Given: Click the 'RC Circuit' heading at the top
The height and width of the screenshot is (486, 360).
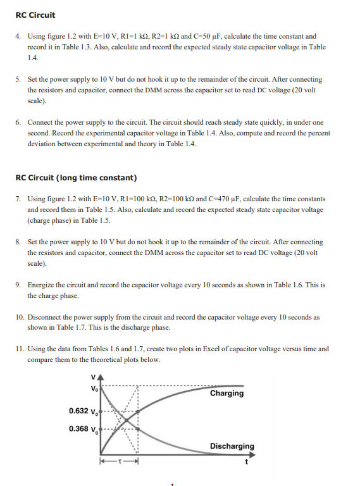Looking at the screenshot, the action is [x=35, y=15].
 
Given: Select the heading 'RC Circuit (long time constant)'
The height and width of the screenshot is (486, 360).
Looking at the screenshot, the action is [x=76, y=177].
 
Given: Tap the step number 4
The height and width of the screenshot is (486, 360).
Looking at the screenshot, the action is [x=18, y=37].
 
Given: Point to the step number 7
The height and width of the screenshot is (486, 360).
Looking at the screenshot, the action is [x=18, y=199].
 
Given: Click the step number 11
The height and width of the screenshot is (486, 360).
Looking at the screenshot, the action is [x=19, y=349].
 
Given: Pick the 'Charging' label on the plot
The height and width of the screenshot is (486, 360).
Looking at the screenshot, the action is [x=227, y=393].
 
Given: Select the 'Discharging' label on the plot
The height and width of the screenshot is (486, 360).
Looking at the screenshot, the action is [x=232, y=446].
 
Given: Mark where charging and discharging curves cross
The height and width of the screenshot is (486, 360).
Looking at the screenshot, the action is [x=124, y=419].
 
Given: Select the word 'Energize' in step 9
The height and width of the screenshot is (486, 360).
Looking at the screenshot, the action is [x=43, y=285].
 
